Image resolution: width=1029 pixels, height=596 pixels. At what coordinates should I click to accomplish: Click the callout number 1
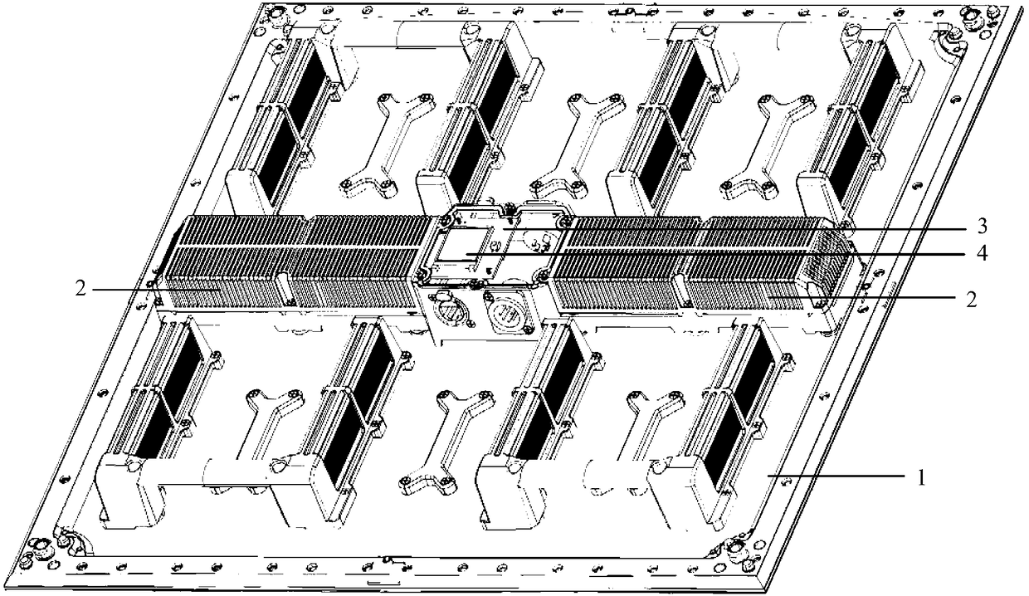pyautogui.click(x=920, y=478)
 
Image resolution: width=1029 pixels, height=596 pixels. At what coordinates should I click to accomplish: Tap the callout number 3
pyautogui.click(x=982, y=226)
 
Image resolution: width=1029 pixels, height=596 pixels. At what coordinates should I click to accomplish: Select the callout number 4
pyautogui.click(x=982, y=253)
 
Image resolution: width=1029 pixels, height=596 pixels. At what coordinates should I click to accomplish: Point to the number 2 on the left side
pyautogui.click(x=80, y=290)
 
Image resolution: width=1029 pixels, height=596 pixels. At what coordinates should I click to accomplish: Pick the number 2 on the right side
pyautogui.click(x=971, y=300)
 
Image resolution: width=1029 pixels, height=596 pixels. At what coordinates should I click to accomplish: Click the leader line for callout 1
pyautogui.click(x=836, y=478)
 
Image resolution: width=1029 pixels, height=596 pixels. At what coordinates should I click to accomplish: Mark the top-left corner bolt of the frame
pyautogui.click(x=277, y=14)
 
